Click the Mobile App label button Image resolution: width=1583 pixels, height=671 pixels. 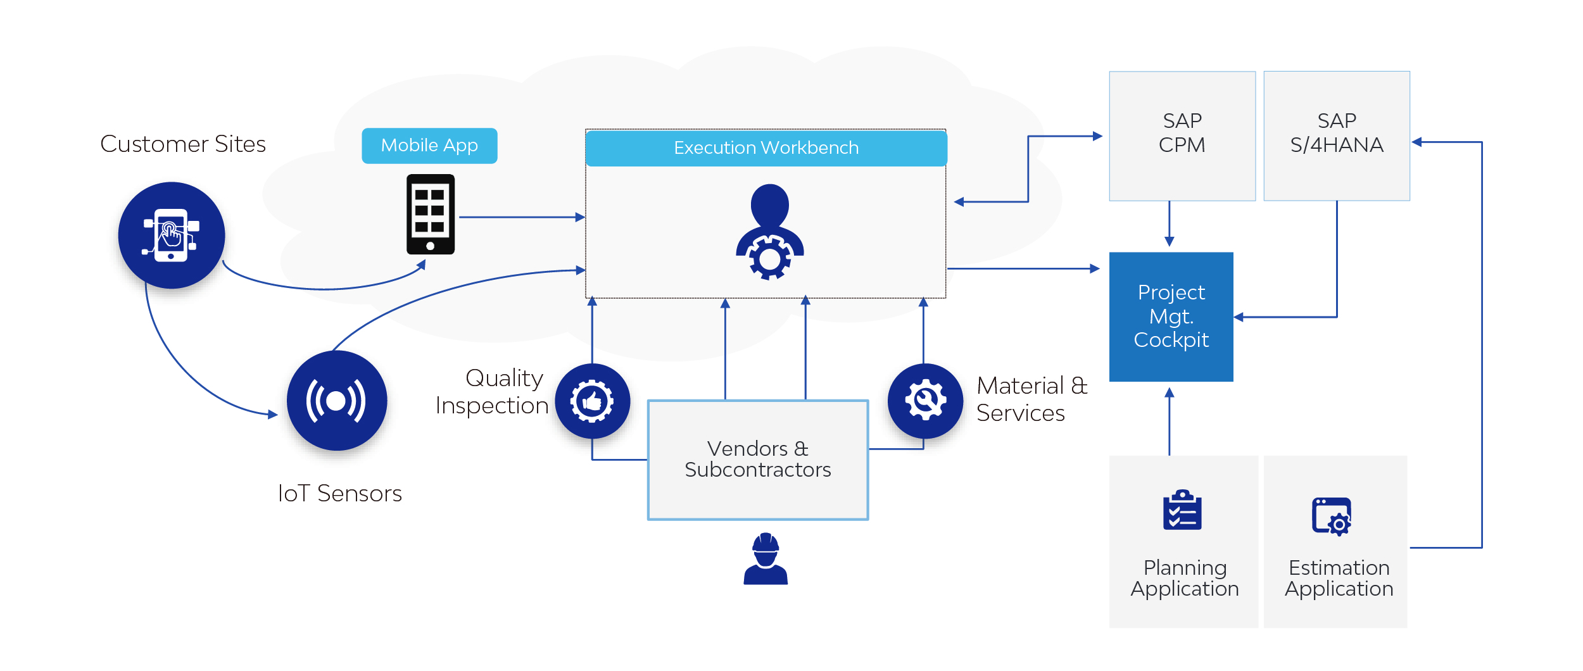tap(429, 146)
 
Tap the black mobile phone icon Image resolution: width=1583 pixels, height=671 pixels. tap(431, 215)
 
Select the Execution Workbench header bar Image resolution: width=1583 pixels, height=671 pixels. tap(766, 148)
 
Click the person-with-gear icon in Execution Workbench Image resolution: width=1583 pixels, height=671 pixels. tap(770, 232)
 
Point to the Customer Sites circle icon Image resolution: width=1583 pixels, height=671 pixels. tap(172, 235)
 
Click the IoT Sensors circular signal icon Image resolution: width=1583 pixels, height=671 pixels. tap(337, 401)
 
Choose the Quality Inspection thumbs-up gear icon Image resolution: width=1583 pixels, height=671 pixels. tap(593, 401)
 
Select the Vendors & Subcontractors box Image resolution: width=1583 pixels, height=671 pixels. tap(758, 460)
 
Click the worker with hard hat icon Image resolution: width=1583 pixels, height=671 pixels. tap(766, 558)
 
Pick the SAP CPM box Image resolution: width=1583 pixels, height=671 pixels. tap(1182, 136)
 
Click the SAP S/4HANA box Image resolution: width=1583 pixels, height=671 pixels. tap(1337, 136)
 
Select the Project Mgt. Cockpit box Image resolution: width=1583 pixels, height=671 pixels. tap(1171, 317)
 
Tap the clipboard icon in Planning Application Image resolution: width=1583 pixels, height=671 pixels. tap(1182, 510)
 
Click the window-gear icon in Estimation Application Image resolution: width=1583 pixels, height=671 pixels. tap(1332, 517)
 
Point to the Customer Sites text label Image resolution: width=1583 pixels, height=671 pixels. tap(183, 144)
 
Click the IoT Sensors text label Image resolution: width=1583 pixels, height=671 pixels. tap(340, 494)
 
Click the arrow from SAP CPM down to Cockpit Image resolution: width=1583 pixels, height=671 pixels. tap(1170, 224)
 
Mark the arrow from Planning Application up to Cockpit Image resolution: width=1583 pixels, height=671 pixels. tap(1170, 422)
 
